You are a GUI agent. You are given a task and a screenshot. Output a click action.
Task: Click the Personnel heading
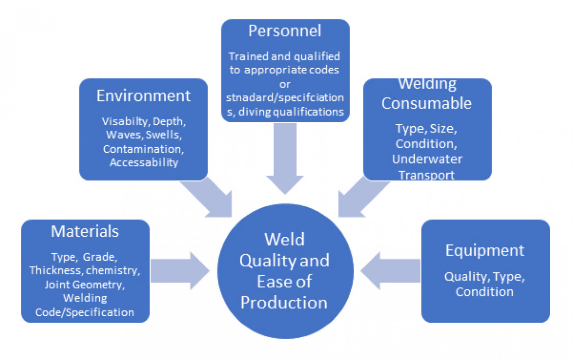[x=284, y=31]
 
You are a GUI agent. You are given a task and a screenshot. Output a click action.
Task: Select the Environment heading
[x=144, y=95]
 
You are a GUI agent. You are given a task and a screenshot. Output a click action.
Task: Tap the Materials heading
[x=85, y=231]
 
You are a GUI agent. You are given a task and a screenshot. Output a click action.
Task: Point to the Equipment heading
[x=484, y=250]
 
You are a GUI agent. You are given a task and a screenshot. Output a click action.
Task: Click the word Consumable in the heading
[x=426, y=103]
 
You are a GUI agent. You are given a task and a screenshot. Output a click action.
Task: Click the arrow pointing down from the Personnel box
[x=285, y=158]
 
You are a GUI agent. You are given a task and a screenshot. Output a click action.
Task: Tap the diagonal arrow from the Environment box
[x=209, y=196]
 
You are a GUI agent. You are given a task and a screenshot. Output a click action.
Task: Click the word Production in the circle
[x=284, y=302]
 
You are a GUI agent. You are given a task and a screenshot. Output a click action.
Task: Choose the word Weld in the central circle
[x=284, y=239]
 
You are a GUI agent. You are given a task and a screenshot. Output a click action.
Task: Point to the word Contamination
[x=143, y=149]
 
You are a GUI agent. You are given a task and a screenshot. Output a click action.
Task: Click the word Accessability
[x=144, y=162]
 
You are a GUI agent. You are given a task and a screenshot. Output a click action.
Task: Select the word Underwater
[x=427, y=159]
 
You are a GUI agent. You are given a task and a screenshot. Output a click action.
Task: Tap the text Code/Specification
[x=85, y=312]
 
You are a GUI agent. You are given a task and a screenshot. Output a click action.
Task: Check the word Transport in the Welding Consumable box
[x=426, y=175]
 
